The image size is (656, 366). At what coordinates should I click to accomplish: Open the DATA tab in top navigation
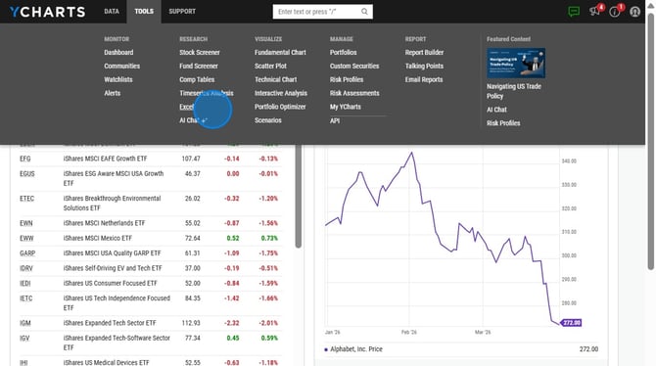point(112,12)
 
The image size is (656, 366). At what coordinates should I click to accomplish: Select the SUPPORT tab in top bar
point(181,12)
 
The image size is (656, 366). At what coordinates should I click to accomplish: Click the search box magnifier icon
point(364,12)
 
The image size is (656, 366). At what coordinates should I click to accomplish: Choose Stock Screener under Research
point(200,52)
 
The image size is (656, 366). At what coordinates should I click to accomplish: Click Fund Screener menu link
point(199,66)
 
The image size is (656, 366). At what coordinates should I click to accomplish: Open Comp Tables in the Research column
point(197,79)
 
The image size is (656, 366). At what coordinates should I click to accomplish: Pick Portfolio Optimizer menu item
point(280,107)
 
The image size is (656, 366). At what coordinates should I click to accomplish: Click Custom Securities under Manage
point(354,66)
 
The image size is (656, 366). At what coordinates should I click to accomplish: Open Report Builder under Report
point(424,52)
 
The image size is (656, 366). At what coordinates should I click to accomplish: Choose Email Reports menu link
point(424,79)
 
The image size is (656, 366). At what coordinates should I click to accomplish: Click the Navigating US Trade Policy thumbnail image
point(516,64)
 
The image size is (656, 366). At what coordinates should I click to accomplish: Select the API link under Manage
point(335,120)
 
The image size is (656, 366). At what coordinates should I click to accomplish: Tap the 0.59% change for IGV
point(267,338)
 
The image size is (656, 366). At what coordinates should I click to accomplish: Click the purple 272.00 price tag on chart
point(572,322)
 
